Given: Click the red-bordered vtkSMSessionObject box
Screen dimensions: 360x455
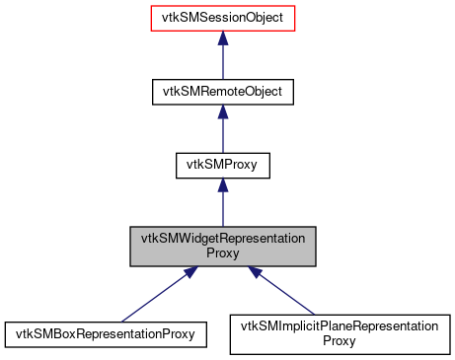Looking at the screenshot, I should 223,18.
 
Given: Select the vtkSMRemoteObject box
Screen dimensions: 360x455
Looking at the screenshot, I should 223,92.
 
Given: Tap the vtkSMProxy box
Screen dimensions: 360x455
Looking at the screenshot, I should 223,166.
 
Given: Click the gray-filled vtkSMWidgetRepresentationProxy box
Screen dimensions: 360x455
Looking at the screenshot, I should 223,246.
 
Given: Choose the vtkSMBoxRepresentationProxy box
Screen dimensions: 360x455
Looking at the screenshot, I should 106,334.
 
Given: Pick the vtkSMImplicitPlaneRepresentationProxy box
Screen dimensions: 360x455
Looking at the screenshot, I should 340,334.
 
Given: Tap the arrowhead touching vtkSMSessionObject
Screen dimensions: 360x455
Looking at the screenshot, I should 223,38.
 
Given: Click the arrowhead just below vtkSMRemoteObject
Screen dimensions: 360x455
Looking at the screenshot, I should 223,112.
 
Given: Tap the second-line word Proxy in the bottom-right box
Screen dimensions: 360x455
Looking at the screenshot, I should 340,342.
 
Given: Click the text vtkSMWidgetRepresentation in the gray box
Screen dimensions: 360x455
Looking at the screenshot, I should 223,239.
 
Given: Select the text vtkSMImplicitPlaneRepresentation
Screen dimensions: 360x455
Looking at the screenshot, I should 340,326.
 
